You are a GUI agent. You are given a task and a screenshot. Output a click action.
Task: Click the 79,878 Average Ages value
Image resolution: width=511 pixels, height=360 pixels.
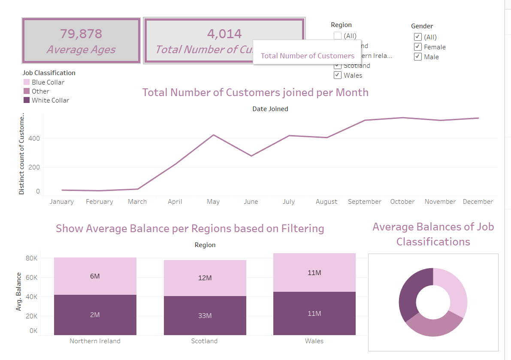[81, 33]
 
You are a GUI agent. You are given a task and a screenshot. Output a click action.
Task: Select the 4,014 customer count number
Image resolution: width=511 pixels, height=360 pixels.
[224, 33]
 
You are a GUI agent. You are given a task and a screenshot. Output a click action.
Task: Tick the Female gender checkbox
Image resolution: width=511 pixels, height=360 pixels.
[418, 47]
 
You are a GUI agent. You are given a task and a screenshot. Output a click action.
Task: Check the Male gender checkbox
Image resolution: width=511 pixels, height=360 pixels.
[418, 57]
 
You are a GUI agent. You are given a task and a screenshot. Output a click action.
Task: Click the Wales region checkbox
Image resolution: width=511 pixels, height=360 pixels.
[338, 75]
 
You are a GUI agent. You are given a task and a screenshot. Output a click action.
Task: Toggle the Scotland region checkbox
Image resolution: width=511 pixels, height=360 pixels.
[338, 66]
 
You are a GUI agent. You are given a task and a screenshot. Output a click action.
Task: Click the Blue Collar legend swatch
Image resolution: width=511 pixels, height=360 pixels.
[27, 82]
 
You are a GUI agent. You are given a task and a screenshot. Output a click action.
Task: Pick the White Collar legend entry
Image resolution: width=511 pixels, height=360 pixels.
[50, 100]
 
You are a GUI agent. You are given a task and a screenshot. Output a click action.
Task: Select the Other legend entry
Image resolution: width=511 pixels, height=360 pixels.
[40, 91]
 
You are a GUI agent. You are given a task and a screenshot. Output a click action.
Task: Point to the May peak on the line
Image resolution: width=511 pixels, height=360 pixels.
[213, 135]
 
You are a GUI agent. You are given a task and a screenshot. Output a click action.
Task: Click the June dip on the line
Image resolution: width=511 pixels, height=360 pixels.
[251, 156]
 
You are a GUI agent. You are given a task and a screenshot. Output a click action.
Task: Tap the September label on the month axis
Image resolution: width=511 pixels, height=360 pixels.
[364, 202]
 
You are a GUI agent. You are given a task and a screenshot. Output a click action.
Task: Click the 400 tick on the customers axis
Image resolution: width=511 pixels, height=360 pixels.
[35, 139]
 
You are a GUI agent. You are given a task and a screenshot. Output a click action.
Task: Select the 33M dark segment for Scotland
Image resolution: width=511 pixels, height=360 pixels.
[205, 315]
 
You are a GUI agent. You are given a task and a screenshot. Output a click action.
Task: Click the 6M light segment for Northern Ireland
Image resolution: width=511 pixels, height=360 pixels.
[95, 276]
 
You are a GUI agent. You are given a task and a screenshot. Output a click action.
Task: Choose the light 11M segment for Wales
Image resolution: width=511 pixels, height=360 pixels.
[314, 272]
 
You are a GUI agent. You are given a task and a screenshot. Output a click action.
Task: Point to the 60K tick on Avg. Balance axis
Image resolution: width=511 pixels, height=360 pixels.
[32, 277]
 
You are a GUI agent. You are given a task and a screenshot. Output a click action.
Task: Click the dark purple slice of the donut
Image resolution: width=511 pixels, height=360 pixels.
[407, 292]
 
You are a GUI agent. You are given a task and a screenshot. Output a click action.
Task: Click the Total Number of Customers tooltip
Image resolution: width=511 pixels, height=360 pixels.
[307, 56]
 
